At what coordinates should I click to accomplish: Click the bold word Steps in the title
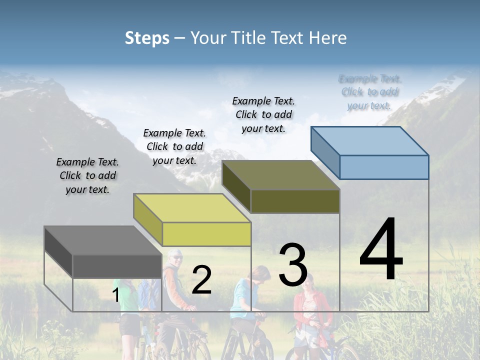147,38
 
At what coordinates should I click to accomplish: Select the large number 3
293,264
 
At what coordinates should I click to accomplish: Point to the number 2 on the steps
201,280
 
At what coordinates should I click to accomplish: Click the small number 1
116,295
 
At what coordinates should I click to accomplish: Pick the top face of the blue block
370,141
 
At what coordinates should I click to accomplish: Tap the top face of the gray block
103,240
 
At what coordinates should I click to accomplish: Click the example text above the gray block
87,175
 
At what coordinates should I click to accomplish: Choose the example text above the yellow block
174,146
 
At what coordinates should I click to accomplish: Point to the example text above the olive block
263,114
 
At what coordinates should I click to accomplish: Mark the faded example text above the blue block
369,92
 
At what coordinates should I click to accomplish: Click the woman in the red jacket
312,310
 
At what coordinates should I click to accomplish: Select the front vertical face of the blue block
384,167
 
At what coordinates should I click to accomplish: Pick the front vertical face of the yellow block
206,234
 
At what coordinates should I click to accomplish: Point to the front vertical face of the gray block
117,266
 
